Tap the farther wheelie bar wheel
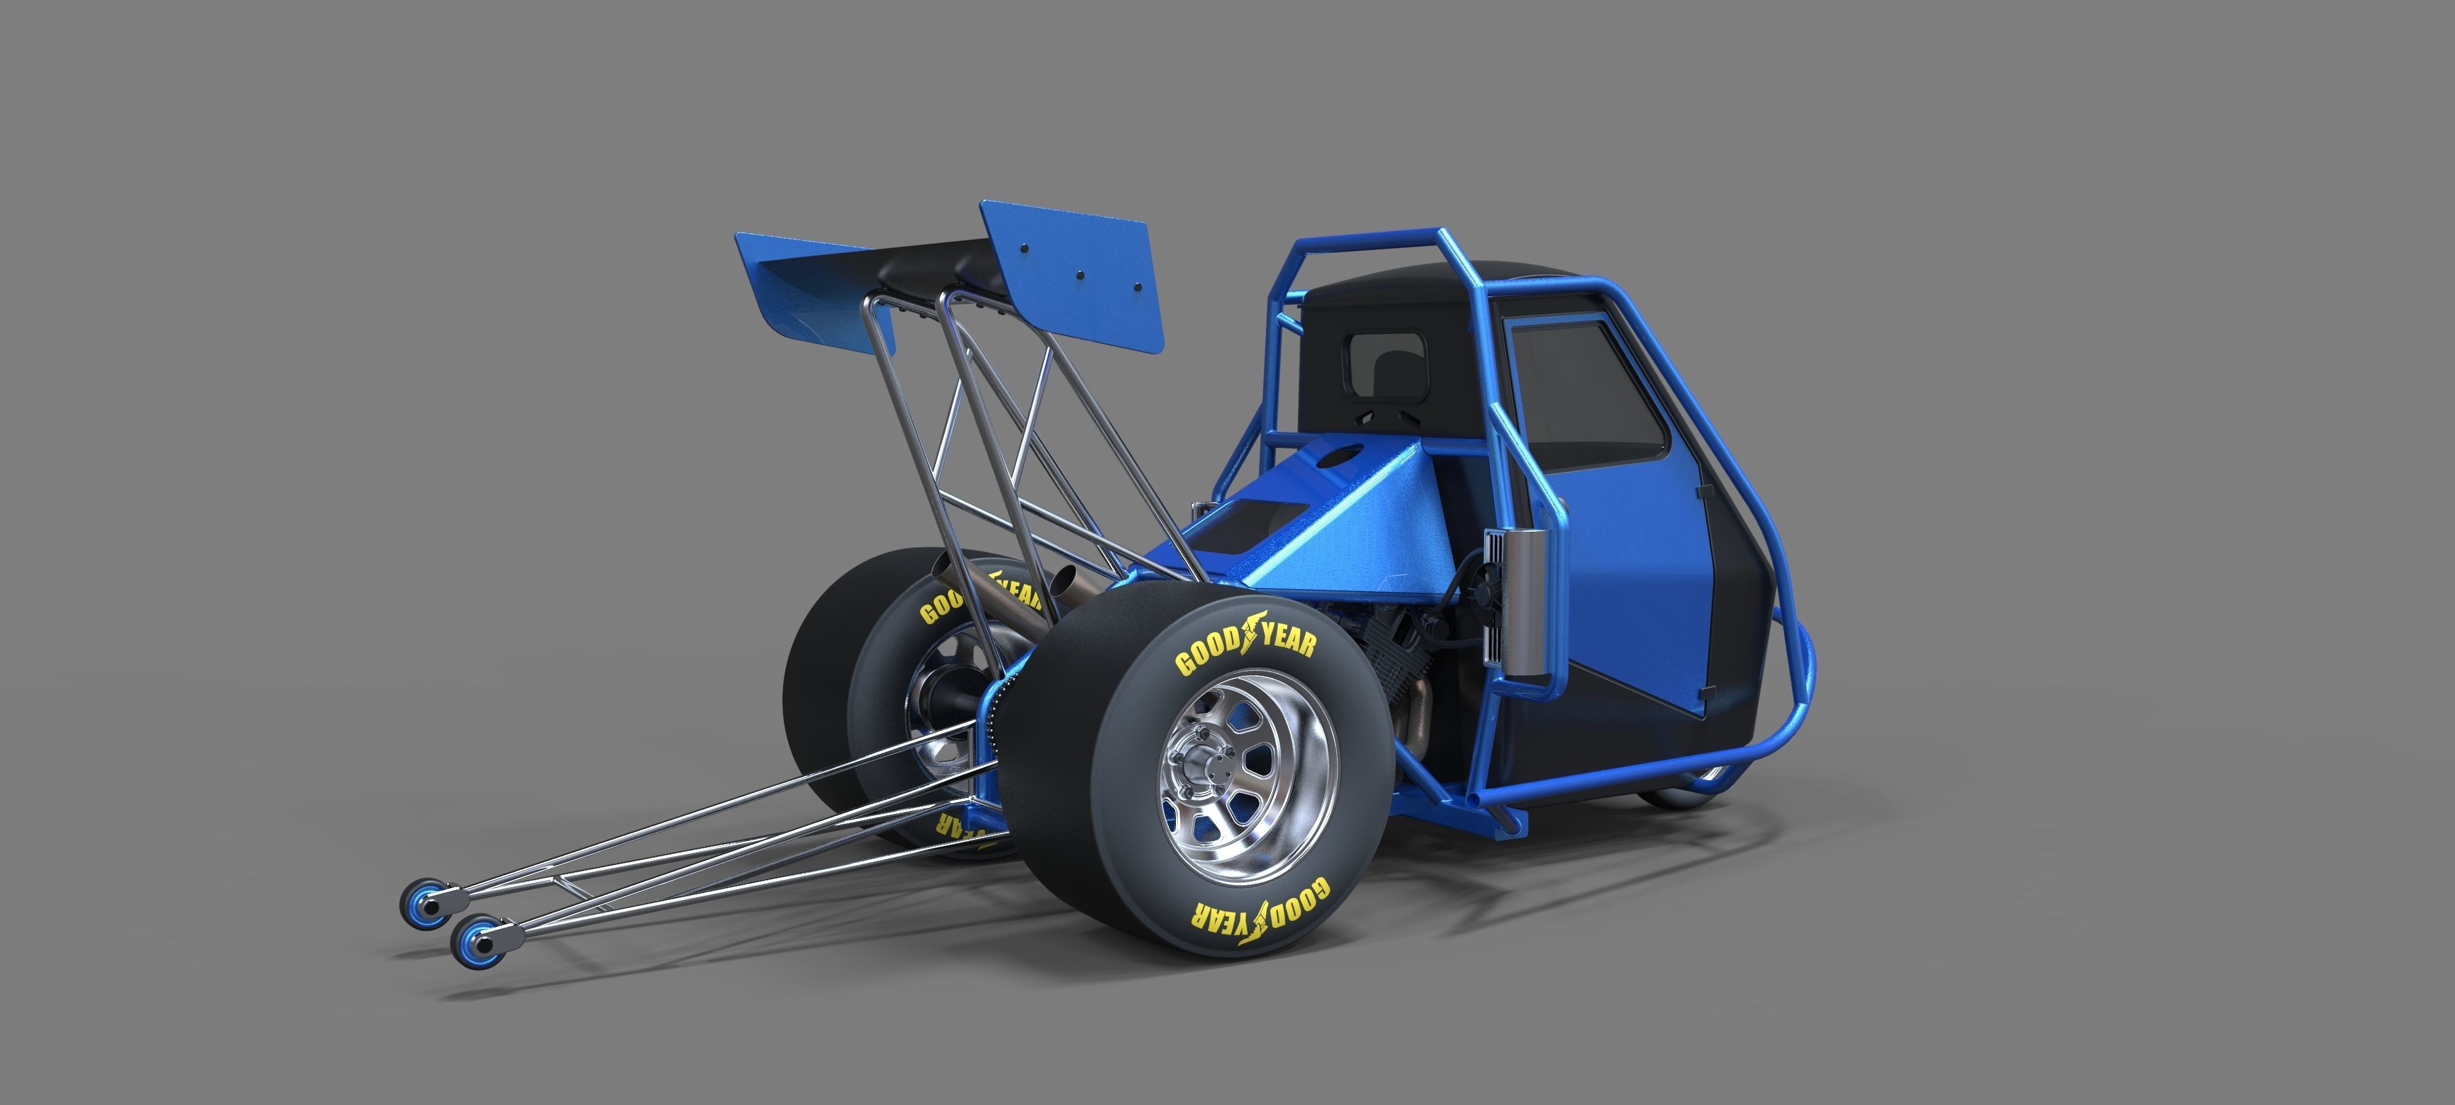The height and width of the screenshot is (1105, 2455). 425,899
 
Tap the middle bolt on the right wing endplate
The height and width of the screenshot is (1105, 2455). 1080,276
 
